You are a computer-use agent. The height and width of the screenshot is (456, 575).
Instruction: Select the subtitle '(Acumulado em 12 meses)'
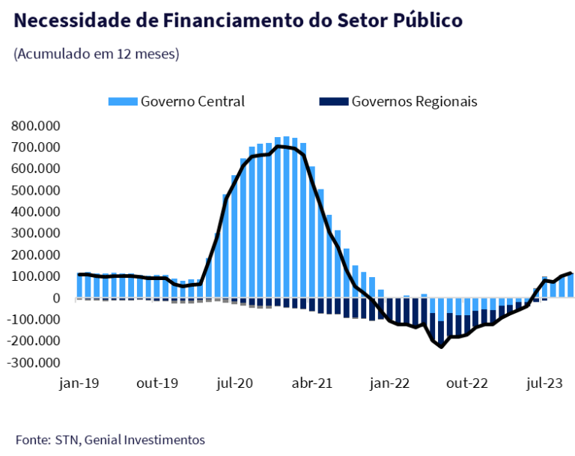pos(96,55)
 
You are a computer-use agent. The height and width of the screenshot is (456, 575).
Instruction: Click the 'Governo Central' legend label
pos(192,101)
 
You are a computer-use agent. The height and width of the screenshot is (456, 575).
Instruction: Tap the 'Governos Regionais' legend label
pos(414,101)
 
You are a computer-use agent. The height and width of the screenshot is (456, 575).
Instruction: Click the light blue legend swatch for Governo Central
pos(123,101)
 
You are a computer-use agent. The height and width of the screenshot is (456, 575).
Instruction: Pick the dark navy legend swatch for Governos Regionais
pos(334,101)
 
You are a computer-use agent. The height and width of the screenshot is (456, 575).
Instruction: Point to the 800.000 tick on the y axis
pos(36,126)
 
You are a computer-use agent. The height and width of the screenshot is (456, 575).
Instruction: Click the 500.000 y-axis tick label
pos(36,190)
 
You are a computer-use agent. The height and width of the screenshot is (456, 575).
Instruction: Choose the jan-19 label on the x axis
pos(79,383)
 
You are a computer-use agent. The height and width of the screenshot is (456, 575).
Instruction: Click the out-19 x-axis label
pos(157,383)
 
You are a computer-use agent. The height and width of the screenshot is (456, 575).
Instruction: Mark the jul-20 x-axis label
pos(234,383)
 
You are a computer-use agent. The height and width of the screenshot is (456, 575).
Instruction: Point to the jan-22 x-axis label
pos(391,383)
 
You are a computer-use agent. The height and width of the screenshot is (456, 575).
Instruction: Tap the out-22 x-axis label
pos(468,383)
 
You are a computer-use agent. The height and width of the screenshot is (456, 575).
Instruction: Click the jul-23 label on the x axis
pos(545,383)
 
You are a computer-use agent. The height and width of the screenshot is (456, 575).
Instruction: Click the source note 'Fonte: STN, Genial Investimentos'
pos(109,440)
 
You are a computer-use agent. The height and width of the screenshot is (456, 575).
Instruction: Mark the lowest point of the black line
pos(441,347)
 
